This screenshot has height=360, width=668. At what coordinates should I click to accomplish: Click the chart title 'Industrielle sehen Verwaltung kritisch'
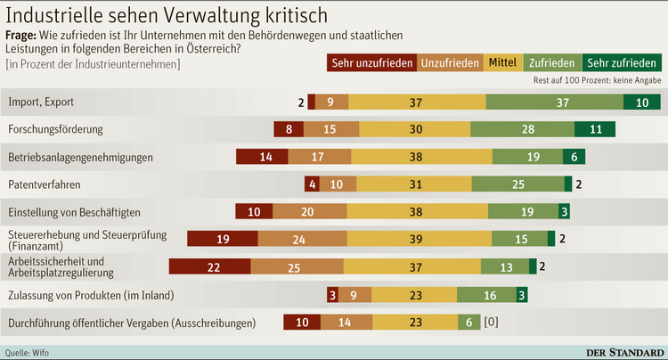tap(166, 16)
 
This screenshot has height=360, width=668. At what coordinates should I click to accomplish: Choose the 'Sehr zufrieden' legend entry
tap(623, 63)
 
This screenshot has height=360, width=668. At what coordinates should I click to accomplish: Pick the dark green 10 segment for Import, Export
tap(641, 102)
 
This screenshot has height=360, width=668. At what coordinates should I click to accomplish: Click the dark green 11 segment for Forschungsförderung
tap(595, 129)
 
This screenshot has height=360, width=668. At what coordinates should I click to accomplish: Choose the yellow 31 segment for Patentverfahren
tap(415, 184)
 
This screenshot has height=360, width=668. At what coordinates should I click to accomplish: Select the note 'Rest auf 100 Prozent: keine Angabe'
tap(596, 81)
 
